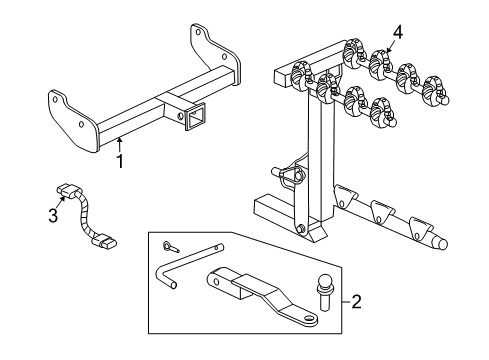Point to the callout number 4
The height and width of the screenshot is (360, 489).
click(398, 32)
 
